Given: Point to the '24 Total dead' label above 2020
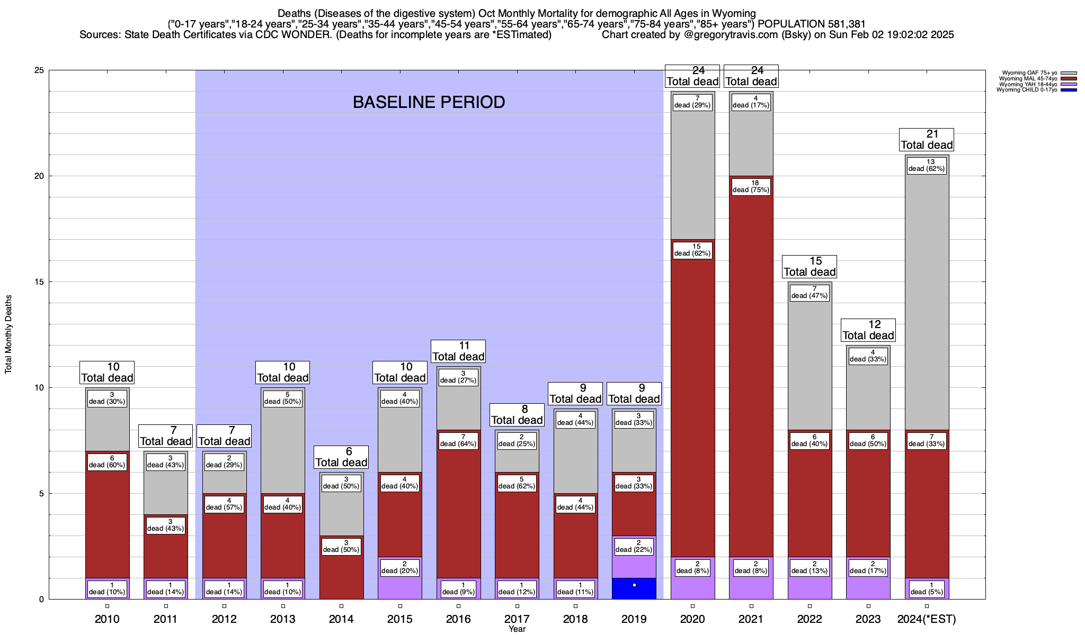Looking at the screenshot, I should tap(692, 76).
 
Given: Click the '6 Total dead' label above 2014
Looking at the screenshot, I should tap(341, 457).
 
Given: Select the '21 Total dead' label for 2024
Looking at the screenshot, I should tap(927, 140).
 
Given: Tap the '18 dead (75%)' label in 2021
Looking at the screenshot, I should tap(751, 187).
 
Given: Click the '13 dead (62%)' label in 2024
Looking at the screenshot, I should tap(927, 166).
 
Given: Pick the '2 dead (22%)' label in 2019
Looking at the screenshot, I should tap(634, 546).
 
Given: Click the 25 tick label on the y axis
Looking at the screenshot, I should tap(39, 70).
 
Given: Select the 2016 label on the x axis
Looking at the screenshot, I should tap(458, 619).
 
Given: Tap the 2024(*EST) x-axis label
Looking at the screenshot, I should tap(927, 619).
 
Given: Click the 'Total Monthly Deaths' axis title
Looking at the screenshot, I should tap(8, 334).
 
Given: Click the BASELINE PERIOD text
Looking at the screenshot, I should tap(429, 102).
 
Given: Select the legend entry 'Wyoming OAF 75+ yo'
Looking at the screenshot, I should tap(1030, 73).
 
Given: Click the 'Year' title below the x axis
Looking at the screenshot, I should tap(517, 629).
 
